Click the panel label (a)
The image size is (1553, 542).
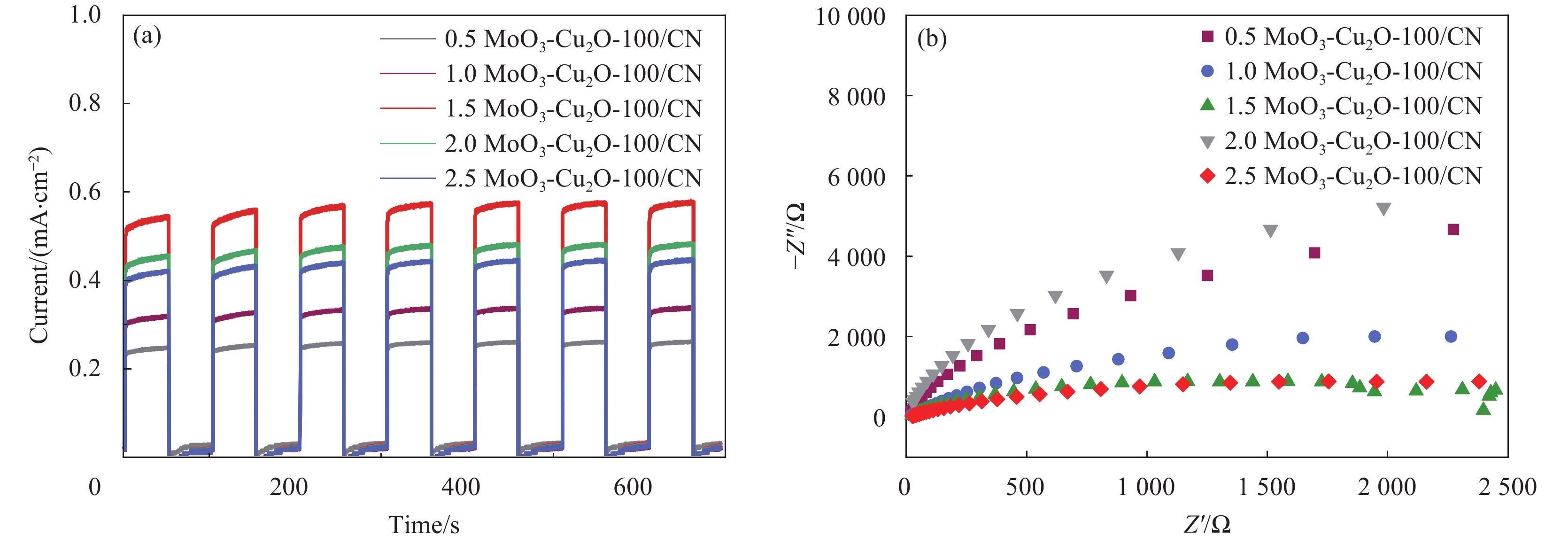click(147, 36)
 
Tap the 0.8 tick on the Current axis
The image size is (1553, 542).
click(85, 103)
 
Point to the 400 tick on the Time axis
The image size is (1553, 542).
click(461, 487)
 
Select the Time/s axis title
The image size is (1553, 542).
click(423, 525)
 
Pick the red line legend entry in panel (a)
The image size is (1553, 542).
click(407, 108)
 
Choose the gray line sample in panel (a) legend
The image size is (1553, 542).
click(407, 39)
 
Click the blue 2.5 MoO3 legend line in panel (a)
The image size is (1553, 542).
click(407, 178)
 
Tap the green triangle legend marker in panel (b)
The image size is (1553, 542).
click(1207, 105)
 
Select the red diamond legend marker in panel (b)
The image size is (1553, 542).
click(1207, 176)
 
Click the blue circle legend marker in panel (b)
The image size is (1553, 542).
click(1207, 71)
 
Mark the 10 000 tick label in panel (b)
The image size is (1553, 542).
click(850, 17)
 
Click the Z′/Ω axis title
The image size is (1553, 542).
click(1206, 525)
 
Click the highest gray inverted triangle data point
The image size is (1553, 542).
click(1383, 209)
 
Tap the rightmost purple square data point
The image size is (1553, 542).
click(1453, 230)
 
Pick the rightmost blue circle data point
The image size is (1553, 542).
click(1451, 336)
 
